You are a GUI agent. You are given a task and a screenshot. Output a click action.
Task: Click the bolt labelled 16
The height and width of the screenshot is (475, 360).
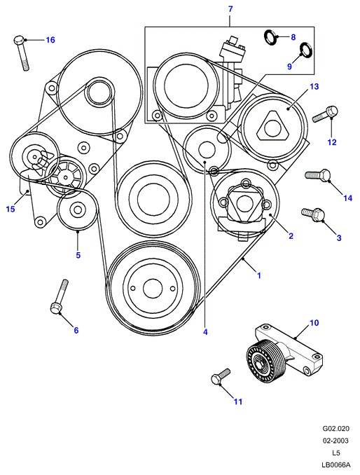22,53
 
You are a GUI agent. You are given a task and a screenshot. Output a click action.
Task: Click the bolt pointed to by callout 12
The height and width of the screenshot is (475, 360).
326,114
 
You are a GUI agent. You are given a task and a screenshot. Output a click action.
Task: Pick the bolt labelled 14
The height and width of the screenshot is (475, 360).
317,175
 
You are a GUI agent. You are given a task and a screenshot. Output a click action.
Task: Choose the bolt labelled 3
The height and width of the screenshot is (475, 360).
314,214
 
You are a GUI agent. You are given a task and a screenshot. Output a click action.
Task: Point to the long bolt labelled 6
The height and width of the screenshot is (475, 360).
60,297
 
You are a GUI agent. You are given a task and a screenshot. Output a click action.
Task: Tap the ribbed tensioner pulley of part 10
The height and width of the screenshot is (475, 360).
264,362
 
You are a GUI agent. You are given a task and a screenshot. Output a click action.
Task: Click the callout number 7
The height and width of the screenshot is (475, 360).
230,9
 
